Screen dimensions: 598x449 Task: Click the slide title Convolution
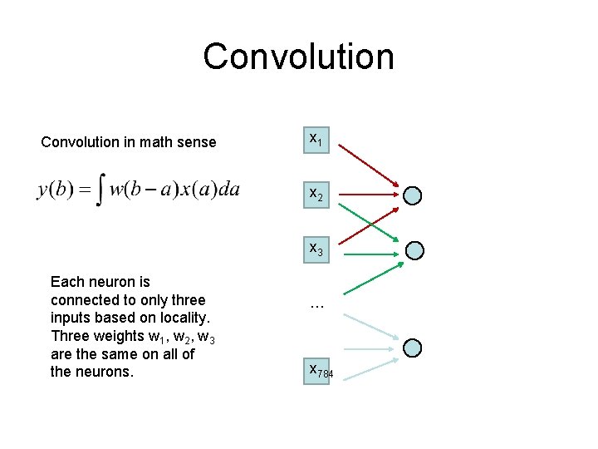[298, 57]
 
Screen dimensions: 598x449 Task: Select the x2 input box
[316, 195]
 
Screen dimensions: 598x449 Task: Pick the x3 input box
[316, 249]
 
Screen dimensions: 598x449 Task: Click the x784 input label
[320, 371]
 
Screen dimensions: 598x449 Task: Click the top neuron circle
[413, 196]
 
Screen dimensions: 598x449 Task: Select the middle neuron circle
[415, 250]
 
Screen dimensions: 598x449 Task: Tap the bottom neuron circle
[413, 348]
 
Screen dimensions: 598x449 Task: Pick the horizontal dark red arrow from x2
[370, 195]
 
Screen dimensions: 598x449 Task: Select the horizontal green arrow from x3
[370, 251]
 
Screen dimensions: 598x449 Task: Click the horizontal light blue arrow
[370, 349]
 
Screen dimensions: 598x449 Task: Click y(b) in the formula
[56, 191]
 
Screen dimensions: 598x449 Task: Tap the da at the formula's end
[227, 190]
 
